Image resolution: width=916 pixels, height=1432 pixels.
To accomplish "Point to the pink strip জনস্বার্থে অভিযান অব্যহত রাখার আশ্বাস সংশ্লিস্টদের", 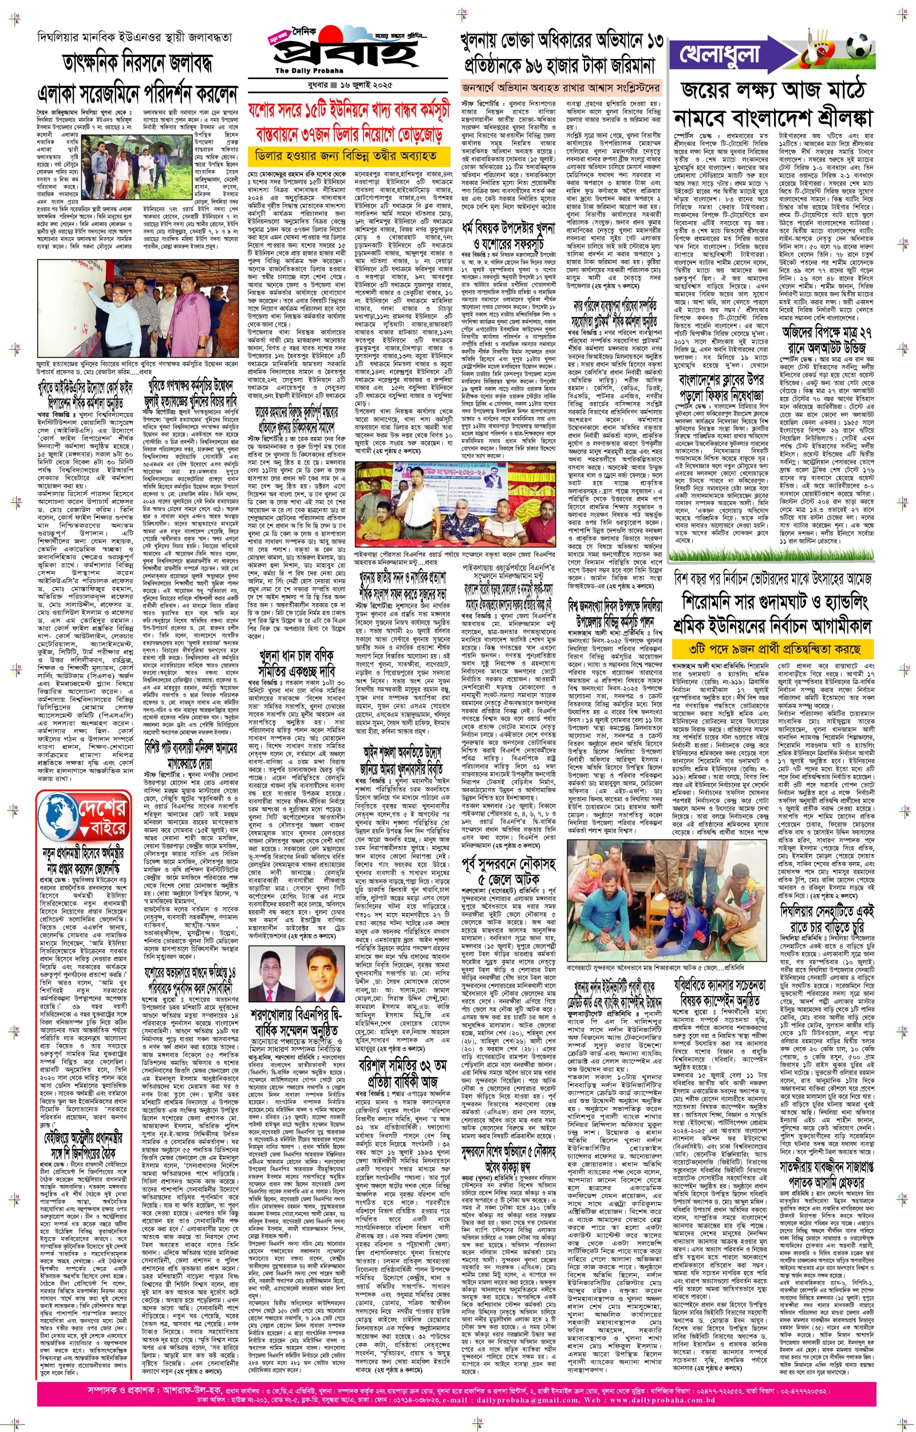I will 561,88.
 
